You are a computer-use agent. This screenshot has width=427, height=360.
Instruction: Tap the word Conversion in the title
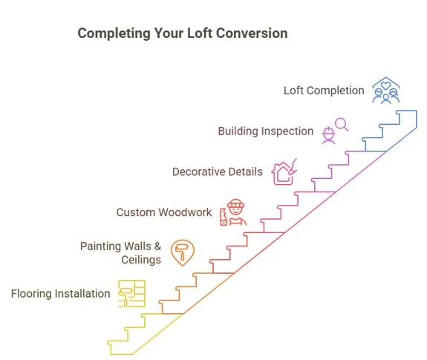[252, 33]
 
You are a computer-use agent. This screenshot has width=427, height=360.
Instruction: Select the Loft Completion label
[324, 91]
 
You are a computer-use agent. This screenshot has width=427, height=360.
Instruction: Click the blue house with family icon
[386, 91]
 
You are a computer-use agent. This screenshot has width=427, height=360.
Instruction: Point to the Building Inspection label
[266, 131]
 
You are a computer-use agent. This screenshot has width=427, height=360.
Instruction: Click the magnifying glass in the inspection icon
[342, 125]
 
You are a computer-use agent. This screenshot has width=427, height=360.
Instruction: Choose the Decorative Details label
[218, 171]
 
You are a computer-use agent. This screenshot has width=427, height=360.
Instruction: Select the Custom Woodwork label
[164, 212]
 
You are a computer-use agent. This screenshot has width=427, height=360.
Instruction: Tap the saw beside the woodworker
[224, 217]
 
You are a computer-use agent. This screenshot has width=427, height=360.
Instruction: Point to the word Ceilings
[141, 260]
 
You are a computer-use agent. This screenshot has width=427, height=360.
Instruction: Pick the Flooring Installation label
[60, 294]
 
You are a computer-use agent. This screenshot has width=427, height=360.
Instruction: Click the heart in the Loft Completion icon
[385, 85]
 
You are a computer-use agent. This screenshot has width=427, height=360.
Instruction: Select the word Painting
[100, 246]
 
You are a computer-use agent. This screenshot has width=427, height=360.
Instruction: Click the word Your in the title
[169, 33]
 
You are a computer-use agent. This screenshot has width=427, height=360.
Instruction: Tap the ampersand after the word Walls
[157, 246]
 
